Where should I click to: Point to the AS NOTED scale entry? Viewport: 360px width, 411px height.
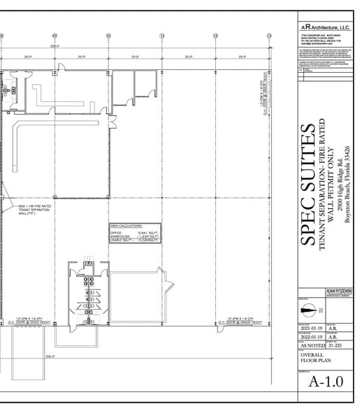(310, 345)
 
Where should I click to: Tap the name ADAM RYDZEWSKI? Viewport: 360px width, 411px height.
(340, 291)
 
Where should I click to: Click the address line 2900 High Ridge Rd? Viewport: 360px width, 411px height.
(340, 185)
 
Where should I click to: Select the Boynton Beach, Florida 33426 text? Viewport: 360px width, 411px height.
(347, 185)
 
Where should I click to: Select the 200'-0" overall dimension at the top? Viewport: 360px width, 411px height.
(55, 46)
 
